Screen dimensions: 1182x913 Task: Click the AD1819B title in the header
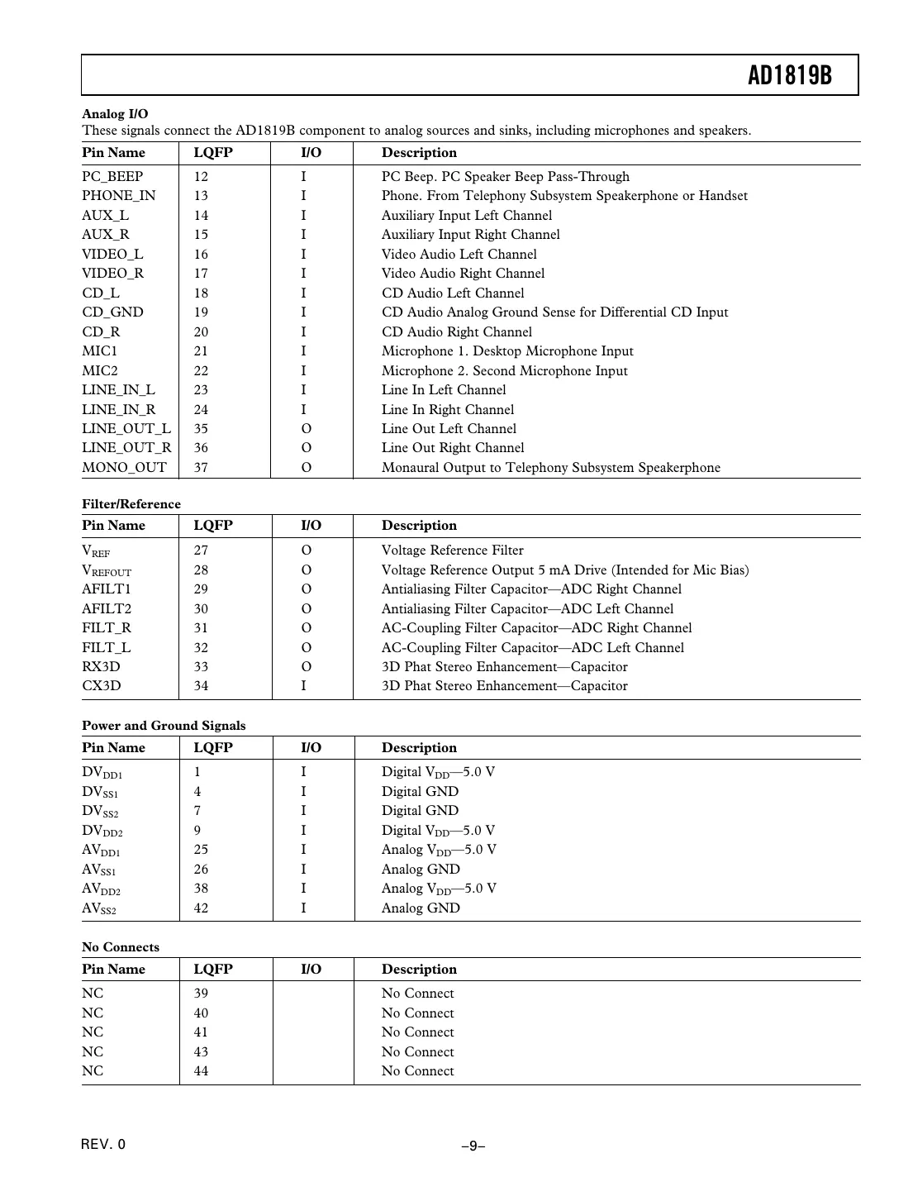(x=789, y=75)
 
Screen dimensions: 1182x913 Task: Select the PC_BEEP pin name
(x=112, y=177)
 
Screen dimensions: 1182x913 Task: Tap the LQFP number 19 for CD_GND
(x=201, y=312)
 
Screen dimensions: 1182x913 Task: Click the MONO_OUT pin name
(x=124, y=468)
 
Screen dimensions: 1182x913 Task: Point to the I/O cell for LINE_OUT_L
(x=306, y=429)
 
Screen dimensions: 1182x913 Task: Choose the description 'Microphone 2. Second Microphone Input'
(x=504, y=371)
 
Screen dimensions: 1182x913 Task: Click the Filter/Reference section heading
(x=131, y=504)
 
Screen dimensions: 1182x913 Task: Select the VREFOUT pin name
(x=107, y=570)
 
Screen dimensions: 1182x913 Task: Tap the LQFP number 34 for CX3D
(x=201, y=686)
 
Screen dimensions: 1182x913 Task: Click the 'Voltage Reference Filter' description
(x=452, y=550)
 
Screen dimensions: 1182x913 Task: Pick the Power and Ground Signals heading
(x=164, y=726)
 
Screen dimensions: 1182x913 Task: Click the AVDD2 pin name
(x=102, y=889)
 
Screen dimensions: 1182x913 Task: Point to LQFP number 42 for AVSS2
(x=201, y=908)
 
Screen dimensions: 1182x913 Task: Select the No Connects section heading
(x=121, y=947)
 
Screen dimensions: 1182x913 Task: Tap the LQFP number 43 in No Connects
(x=201, y=1052)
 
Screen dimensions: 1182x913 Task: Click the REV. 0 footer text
(x=103, y=1145)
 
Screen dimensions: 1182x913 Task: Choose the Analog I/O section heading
(x=115, y=114)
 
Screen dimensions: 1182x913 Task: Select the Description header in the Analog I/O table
(x=419, y=153)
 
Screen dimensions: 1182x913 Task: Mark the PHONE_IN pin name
(x=118, y=196)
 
